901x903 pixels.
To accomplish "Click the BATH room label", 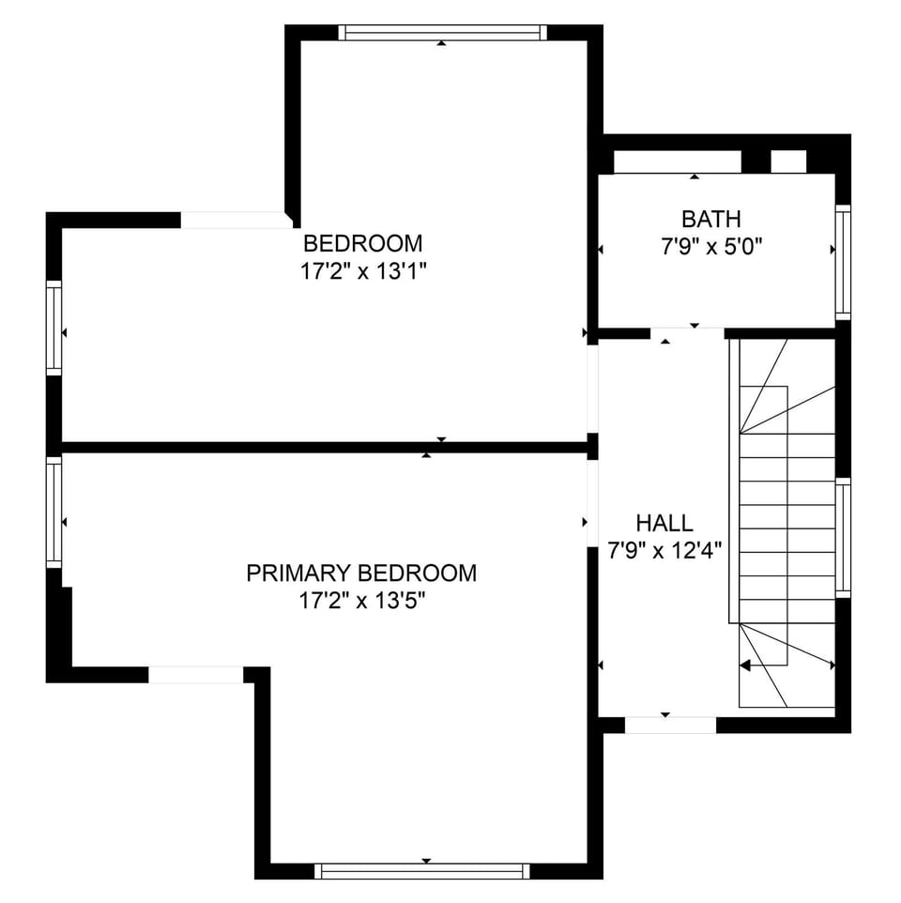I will point(710,220).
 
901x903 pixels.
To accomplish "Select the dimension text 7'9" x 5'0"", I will point(710,248).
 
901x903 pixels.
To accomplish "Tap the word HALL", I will point(664,524).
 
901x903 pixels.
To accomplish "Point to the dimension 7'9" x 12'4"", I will point(664,550).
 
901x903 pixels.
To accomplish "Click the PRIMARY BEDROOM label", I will point(361,573).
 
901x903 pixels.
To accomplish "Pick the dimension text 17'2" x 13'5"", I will point(361,601).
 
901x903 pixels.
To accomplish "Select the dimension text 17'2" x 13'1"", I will point(362,271).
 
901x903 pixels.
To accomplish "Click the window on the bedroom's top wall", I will point(442,33).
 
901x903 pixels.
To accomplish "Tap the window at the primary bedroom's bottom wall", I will point(421,870).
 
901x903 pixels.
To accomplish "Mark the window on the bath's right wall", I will point(842,262).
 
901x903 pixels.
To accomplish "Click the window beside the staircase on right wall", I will point(842,537).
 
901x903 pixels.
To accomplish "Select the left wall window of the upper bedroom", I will point(54,329).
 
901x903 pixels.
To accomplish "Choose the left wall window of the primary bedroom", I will point(54,512).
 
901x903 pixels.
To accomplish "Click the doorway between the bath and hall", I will point(687,333).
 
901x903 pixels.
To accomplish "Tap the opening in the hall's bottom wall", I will point(670,725).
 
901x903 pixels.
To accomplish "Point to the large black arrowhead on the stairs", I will point(746,666).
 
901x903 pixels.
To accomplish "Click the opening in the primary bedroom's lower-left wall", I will point(196,675).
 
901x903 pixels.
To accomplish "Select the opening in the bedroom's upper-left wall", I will point(233,221).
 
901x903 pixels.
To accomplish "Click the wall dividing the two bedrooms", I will point(324,448).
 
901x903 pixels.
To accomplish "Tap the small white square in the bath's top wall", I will point(788,161).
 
